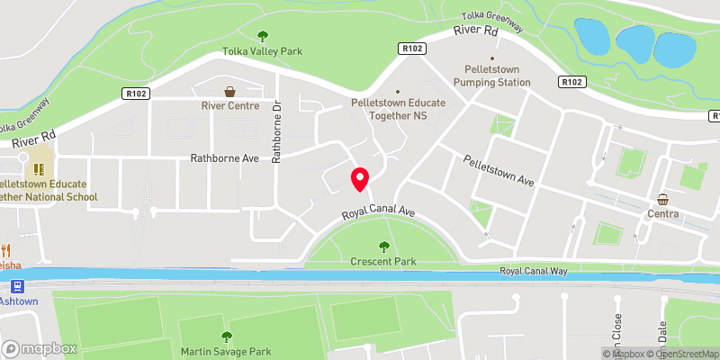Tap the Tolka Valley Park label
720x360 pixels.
(264, 51)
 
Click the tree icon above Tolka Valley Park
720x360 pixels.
(264, 36)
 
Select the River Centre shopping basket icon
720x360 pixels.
(230, 92)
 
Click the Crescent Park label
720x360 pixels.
(383, 262)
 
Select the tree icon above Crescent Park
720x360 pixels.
(384, 247)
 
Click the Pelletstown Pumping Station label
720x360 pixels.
(491, 76)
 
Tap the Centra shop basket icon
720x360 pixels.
(663, 200)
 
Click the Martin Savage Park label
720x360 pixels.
(225, 351)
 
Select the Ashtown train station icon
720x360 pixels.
(17, 286)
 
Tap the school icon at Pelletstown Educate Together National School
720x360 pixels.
(38, 168)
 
